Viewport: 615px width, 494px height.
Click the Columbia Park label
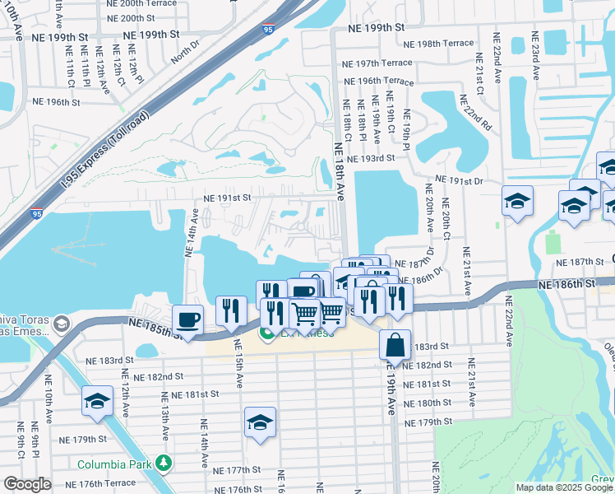[116, 464]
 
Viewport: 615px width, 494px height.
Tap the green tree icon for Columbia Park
[165, 464]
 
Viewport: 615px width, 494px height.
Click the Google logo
[28, 484]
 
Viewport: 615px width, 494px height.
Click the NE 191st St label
[227, 198]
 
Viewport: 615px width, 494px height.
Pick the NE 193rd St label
[371, 158]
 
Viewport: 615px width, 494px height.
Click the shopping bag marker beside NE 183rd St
[395, 346]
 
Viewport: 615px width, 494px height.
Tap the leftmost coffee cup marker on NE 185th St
[188, 320]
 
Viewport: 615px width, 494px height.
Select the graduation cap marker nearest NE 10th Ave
[97, 402]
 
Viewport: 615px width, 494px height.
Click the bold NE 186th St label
[566, 282]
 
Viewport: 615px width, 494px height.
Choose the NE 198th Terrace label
[445, 43]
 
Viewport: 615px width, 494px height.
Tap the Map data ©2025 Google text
[563, 487]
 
